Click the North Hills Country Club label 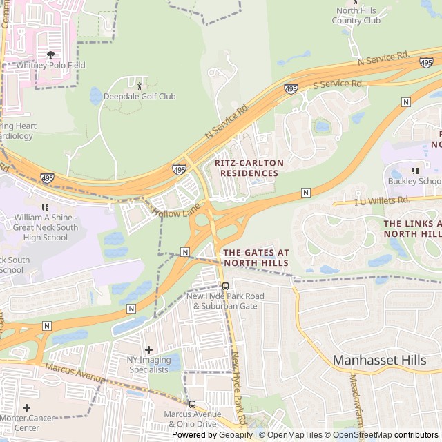pyautogui.click(x=356, y=15)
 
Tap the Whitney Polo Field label pyautogui.click(x=50, y=65)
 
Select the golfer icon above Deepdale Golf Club pyautogui.click(x=140, y=86)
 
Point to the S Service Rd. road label pyautogui.click(x=338, y=84)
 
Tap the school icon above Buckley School pyautogui.click(x=415, y=171)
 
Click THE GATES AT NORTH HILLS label pyautogui.click(x=256, y=258)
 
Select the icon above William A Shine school pyautogui.click(x=46, y=206)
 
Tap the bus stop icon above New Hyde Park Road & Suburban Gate pyautogui.click(x=225, y=286)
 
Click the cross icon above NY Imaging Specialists pyautogui.click(x=148, y=349)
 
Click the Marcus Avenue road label pyautogui.click(x=75, y=372)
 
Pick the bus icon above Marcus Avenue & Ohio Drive pyautogui.click(x=192, y=404)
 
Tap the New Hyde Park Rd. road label pyautogui.click(x=239, y=390)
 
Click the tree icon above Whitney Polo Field pyautogui.click(x=50, y=54)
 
